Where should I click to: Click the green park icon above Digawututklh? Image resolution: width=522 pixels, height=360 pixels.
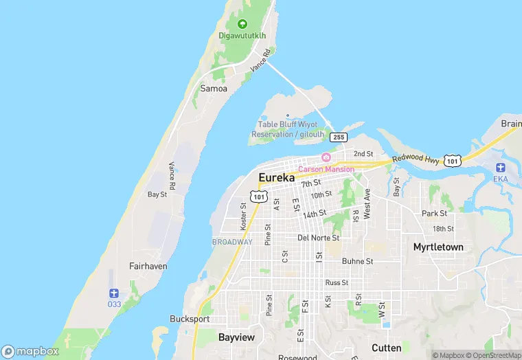coord(242,24)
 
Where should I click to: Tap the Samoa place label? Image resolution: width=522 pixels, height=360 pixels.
coord(214,89)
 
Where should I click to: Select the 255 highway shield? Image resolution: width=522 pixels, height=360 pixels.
coord(338,137)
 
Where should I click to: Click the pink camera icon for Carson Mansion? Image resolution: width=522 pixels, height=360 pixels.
coord(326,157)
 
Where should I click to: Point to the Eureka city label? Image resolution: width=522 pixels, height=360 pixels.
coord(276,178)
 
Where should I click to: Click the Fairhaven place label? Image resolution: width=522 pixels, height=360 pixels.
coord(148,266)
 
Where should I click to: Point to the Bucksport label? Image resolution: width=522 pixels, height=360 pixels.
coord(190,319)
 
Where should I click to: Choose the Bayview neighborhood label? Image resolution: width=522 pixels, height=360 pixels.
coord(236,338)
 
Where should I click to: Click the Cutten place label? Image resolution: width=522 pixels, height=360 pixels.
coord(386,348)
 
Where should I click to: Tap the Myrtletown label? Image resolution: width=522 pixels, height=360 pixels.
coord(438,247)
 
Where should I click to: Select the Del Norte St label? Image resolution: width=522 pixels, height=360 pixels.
coord(318,238)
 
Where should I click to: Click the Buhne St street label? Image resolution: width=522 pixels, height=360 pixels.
coord(357,261)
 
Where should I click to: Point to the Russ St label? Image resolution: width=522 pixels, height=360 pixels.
coord(337,282)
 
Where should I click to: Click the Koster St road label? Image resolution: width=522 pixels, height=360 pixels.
coord(243,216)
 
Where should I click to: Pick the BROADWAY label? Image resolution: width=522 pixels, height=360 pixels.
coord(232,242)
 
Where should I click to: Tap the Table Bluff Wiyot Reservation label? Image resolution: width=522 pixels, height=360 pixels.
coord(287,129)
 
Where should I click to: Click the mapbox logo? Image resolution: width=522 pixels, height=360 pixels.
coord(30,351)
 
